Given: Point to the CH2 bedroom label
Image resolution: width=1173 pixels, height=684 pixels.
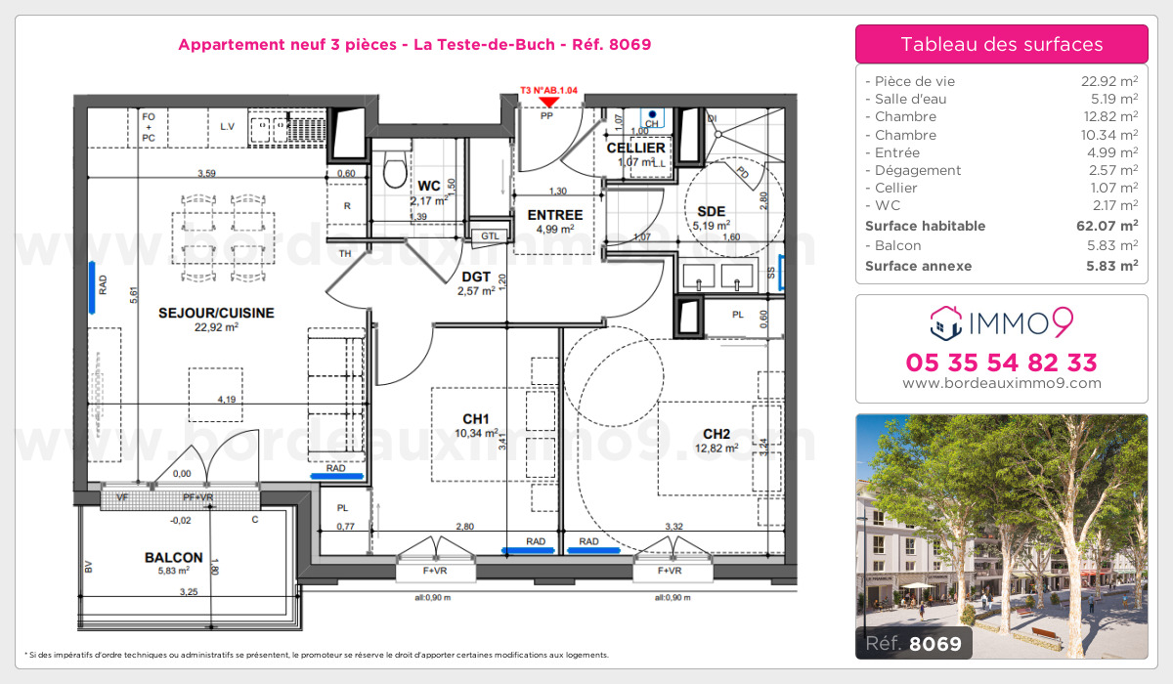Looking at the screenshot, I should coord(717,434).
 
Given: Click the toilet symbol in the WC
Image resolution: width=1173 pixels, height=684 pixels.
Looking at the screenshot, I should coord(395,171).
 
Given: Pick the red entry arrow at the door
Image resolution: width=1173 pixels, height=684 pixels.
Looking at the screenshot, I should coord(549,101).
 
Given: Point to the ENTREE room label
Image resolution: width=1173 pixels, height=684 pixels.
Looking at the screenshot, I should coord(555,215).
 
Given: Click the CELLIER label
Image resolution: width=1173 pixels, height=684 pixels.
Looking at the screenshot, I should coord(635,149).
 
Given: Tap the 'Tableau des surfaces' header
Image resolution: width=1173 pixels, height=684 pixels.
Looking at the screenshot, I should coord(1001,44).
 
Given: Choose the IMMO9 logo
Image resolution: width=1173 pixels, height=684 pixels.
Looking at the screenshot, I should coord(1001,320).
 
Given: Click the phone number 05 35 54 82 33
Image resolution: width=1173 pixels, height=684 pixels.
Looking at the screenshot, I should coord(1001,363).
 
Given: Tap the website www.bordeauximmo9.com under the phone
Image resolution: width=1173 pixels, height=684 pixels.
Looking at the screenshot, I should coord(1001,384).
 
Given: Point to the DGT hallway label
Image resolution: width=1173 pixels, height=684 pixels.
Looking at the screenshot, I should coord(476,277).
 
